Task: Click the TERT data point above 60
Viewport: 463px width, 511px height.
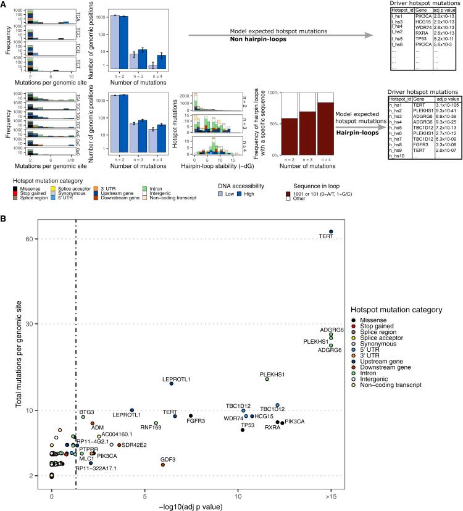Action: [x=331, y=232]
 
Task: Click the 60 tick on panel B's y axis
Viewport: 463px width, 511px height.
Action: [x=44, y=239]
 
